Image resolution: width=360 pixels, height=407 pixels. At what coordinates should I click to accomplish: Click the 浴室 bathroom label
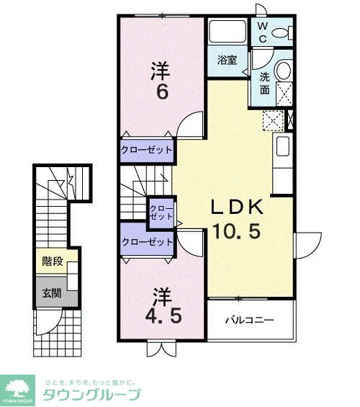point(228,60)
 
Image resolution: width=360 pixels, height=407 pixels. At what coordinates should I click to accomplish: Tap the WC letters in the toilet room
point(263,32)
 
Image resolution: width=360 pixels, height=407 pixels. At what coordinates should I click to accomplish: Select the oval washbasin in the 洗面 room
point(284,71)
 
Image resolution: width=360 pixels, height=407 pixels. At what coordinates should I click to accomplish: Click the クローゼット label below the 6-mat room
point(147,150)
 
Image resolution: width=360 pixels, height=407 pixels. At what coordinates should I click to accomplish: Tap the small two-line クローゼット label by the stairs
point(161,212)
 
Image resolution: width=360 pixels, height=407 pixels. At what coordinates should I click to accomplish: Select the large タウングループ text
point(92,394)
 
